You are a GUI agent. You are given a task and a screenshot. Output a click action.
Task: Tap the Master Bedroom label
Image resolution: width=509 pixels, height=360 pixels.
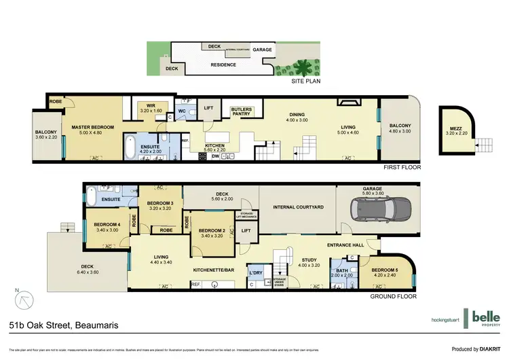pos(88,127)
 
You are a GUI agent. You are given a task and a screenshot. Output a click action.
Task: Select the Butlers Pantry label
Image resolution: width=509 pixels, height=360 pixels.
pos(241,111)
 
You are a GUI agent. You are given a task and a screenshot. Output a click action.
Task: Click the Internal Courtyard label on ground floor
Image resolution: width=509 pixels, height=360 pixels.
pos(297,206)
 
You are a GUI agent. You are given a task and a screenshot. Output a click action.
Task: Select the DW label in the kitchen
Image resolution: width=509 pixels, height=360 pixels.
pos(215,156)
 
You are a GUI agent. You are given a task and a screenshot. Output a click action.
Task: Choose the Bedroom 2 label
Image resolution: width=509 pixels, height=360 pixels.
pos(212,232)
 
